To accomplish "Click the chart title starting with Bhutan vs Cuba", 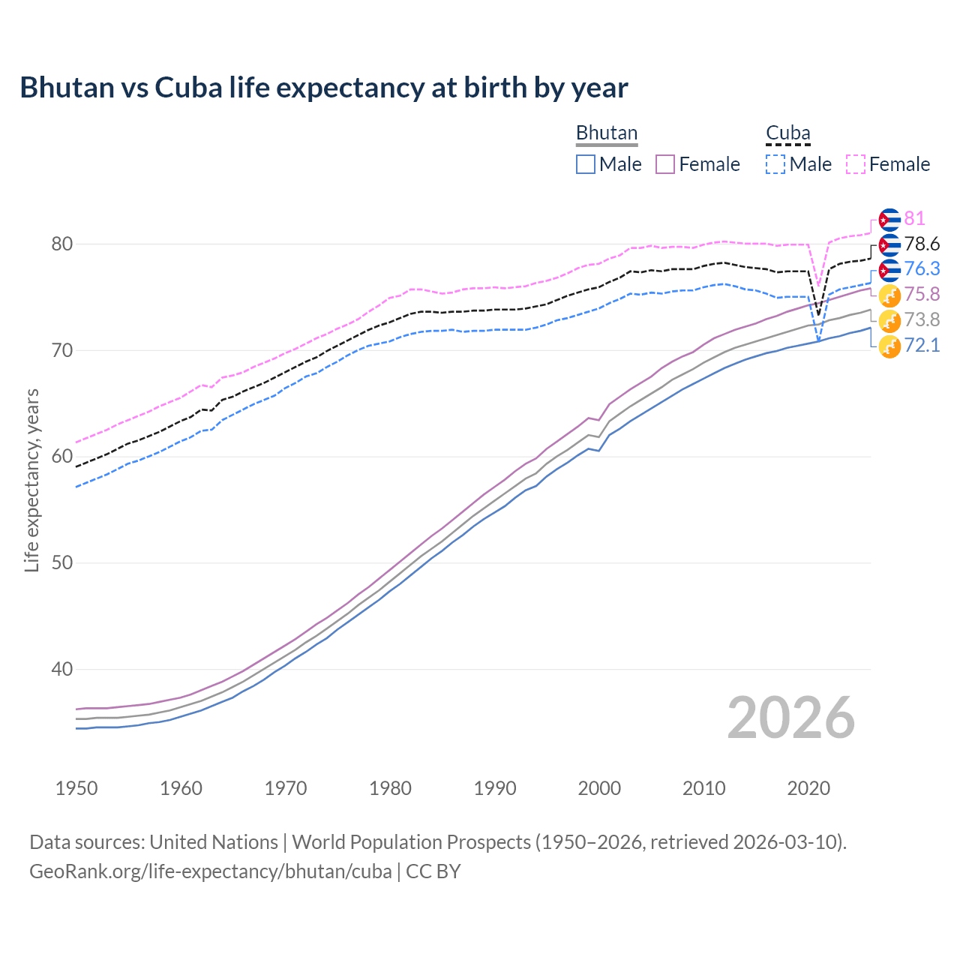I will (x=323, y=88).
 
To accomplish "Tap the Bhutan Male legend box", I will (x=586, y=164).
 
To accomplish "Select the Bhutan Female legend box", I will (x=666, y=164).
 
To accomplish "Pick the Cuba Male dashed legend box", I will (x=775, y=164).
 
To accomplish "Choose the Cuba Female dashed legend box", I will (x=856, y=164).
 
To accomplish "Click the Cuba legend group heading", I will (x=787, y=133).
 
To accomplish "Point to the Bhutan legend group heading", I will (x=606, y=133).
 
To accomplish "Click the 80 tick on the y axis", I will (x=62, y=244).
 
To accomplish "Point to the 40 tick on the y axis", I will (x=62, y=669).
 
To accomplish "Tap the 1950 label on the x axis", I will (x=76, y=788).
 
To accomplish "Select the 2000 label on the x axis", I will (x=599, y=788).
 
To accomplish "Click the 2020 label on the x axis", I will (x=808, y=788).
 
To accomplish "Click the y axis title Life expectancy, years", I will (x=31, y=480).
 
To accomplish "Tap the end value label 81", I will (x=914, y=219).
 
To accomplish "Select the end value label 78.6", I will (x=922, y=244).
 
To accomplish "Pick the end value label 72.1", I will (x=922, y=346).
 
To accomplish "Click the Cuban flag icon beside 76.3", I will (x=889, y=270).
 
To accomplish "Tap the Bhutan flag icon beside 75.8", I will (x=889, y=295).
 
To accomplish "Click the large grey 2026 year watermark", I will (x=790, y=718).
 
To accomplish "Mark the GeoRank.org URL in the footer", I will (x=211, y=871).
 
